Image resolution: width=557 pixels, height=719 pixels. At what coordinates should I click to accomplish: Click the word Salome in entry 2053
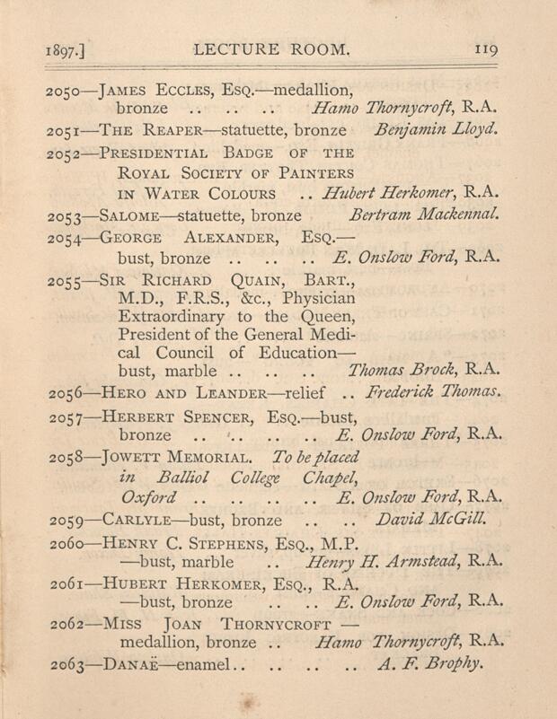tap(137, 216)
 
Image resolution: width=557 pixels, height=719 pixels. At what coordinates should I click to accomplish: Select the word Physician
tap(315, 297)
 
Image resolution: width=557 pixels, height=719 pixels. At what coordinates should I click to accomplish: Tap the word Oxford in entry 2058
tap(148, 496)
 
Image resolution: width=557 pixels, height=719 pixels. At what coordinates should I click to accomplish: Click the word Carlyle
tap(141, 520)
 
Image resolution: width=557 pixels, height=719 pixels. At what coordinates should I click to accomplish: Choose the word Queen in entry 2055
tap(326, 318)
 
